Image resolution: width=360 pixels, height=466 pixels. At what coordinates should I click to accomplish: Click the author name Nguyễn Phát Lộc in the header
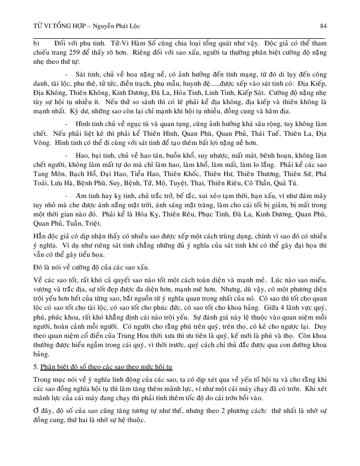tap(120, 26)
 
